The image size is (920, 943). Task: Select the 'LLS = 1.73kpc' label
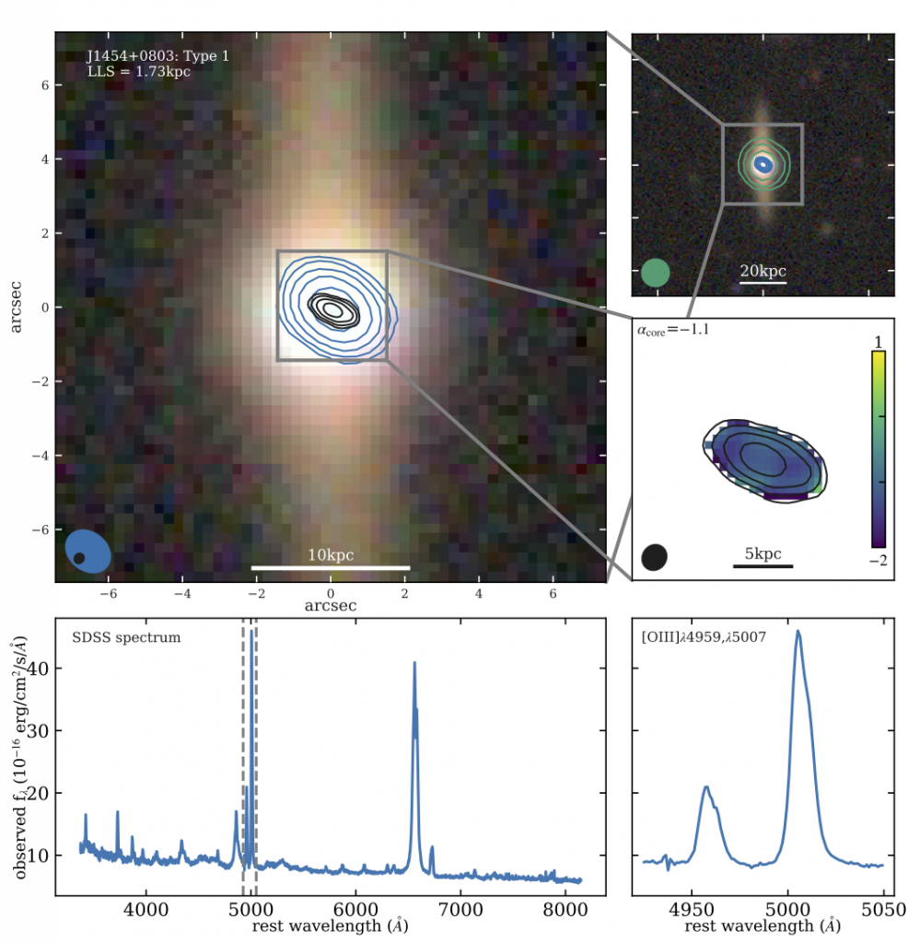pyautogui.click(x=138, y=71)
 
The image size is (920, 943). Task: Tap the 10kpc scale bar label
pyautogui.click(x=331, y=555)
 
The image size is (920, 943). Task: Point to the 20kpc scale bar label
pyautogui.click(x=763, y=272)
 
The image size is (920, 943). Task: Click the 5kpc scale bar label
pyautogui.click(x=763, y=553)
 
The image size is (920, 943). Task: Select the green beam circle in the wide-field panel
pyautogui.click(x=655, y=273)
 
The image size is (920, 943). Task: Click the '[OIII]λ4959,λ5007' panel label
pyautogui.click(x=705, y=637)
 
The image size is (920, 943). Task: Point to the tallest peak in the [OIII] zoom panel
pyautogui.click(x=798, y=632)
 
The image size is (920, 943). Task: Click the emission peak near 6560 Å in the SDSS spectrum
pyautogui.click(x=414, y=663)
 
